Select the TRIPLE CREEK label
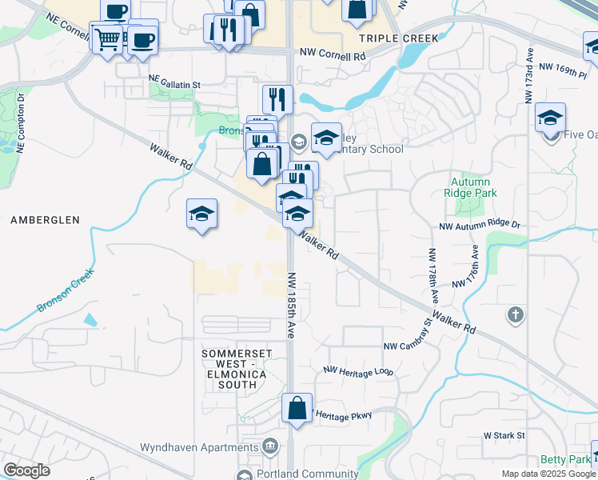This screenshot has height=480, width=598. pos(399,38)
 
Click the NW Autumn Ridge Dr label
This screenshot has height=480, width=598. pos(480,227)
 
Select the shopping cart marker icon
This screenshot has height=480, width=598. pos(107,37)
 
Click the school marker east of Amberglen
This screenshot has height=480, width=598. pos(202,214)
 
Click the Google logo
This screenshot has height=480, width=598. pos(27,470)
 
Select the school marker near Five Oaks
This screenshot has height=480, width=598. pos(551,118)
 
